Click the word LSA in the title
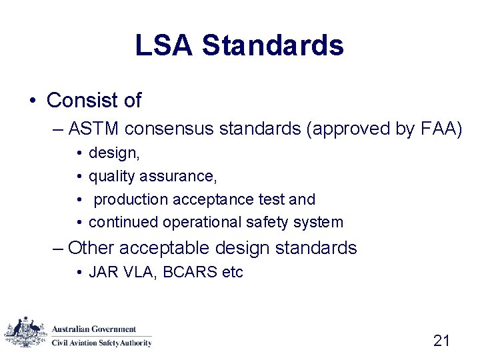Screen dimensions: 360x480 (x=163, y=45)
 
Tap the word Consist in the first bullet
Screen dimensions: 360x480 (x=73, y=101)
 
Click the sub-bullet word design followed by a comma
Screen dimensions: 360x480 (x=114, y=154)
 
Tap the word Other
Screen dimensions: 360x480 (x=91, y=249)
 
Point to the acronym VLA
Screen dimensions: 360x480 (x=131, y=272)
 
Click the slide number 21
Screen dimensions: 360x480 (x=441, y=341)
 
